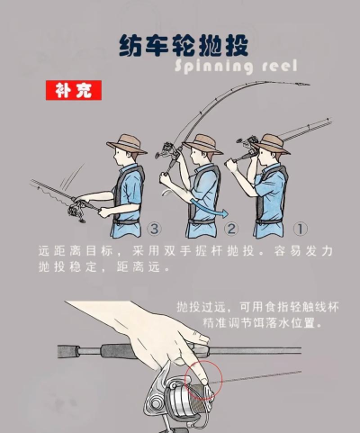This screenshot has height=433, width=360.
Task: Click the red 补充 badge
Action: (x=74, y=90)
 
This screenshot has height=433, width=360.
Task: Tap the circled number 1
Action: (x=301, y=230)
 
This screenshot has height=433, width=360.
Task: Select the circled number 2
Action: (x=231, y=230)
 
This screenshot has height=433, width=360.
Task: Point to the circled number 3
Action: (x=154, y=230)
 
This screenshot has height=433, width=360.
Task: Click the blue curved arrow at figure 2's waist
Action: (x=207, y=209)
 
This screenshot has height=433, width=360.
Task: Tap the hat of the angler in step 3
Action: (x=127, y=144)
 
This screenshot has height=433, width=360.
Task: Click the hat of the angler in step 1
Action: (x=273, y=144)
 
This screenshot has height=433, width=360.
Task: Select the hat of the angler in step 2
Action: (x=202, y=144)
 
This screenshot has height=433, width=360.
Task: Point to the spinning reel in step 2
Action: (x=166, y=151)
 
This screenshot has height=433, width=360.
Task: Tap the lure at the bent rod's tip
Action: (x=302, y=84)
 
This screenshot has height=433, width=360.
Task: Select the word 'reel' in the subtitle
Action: (x=280, y=66)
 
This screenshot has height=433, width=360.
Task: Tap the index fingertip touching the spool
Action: (x=204, y=381)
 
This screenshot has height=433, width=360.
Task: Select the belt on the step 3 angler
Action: (x=126, y=222)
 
